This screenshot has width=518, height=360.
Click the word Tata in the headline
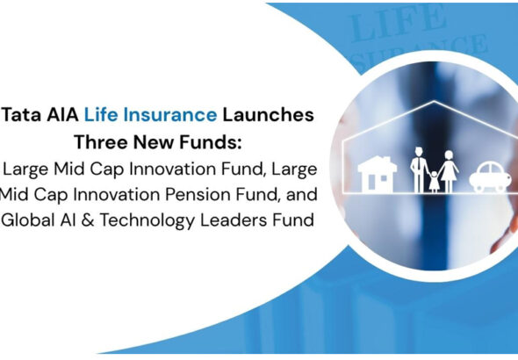tap(23, 115)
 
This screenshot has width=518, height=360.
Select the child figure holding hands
tap(432, 181)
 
